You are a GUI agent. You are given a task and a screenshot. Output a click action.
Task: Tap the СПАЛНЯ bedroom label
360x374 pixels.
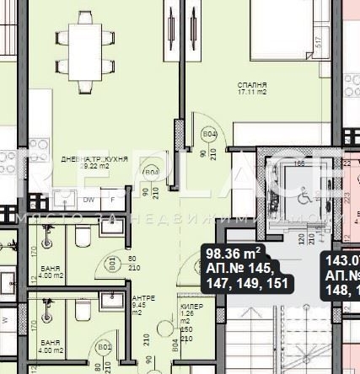pyautogui.click(x=253, y=86)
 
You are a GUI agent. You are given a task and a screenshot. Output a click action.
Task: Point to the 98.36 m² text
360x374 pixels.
pyautogui.click(x=234, y=252)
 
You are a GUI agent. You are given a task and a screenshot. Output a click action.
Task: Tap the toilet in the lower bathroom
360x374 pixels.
pyautogui.click(x=82, y=309)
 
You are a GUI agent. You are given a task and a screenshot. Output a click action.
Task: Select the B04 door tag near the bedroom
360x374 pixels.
pyautogui.click(x=210, y=135)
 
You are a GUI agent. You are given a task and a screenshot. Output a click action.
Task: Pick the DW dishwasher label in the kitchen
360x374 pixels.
pyautogui.click(x=89, y=200)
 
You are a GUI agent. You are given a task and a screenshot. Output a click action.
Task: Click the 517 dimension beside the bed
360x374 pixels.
pyautogui.click(x=318, y=40)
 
